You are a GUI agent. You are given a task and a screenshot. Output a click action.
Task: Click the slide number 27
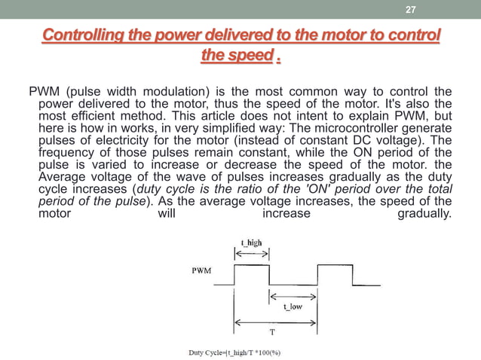410,10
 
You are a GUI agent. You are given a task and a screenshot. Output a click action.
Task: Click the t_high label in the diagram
251,243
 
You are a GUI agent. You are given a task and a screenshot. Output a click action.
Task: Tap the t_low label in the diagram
292,307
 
